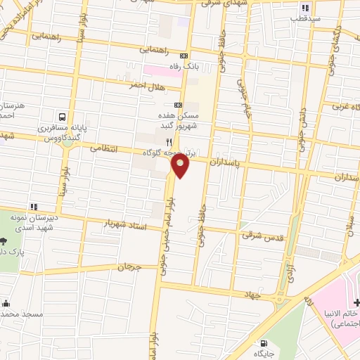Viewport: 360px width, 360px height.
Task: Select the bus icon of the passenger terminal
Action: [63, 117]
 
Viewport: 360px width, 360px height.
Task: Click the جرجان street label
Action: [129, 266]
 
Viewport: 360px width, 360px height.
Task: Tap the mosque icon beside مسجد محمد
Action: [6, 304]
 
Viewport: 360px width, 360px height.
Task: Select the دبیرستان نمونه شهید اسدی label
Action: [30, 223]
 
